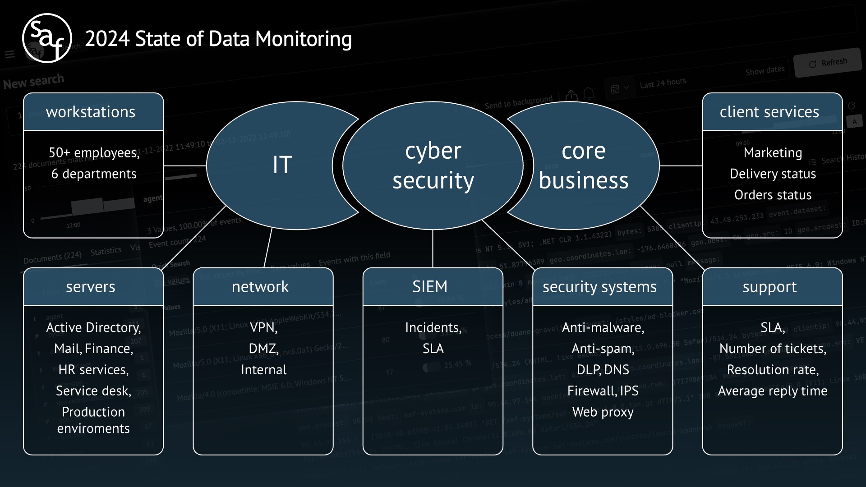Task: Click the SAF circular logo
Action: [x=47, y=38]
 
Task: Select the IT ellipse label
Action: [x=282, y=165]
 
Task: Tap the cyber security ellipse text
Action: [x=433, y=165]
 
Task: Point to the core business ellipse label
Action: [x=583, y=165]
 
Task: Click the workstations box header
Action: [x=91, y=112]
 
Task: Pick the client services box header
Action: [x=769, y=112]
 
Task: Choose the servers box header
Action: [x=91, y=287]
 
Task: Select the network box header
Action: [x=260, y=287]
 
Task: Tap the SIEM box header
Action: [x=430, y=287]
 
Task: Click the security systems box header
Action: [x=599, y=287]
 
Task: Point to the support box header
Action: [x=769, y=287]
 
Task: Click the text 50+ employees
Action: [x=94, y=153]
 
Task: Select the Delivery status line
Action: [x=773, y=174]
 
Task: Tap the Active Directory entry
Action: [x=93, y=328]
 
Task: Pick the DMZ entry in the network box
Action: [x=263, y=349]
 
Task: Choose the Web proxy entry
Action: [x=603, y=412]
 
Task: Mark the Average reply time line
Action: [x=772, y=391]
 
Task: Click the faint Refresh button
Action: [x=828, y=63]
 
